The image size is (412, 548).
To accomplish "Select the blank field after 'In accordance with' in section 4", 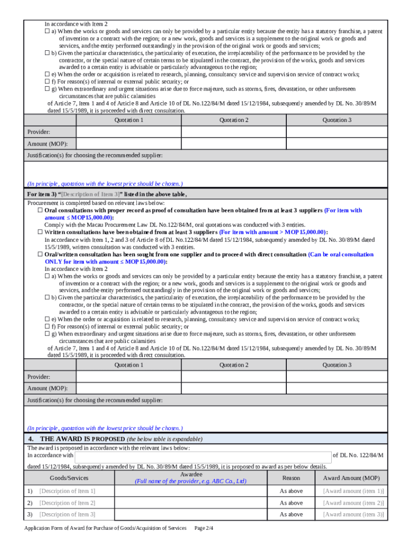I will (x=203, y=456).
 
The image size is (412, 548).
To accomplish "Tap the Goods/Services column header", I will (x=68, y=478).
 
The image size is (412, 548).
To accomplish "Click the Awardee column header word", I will (x=191, y=475).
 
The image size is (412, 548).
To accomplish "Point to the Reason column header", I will (x=291, y=478).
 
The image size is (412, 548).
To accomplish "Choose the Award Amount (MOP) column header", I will (x=351, y=478).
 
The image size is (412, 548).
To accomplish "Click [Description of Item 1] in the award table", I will (x=67, y=491).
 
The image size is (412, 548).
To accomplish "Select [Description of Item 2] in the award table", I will (x=67, y=503).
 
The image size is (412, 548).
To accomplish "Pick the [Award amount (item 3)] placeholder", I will (x=353, y=515).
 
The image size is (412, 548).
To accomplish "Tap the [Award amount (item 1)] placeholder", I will (x=353, y=491).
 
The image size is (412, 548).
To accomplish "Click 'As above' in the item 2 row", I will (x=291, y=503).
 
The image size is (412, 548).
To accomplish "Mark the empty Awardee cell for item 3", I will (x=191, y=515).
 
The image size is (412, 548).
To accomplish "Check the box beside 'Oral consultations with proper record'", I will (x=40, y=211).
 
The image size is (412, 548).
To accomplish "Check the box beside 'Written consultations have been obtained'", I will (x=40, y=232).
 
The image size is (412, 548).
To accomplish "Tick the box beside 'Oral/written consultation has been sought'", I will (x=40, y=255).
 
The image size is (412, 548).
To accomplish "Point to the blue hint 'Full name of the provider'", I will (x=191, y=482).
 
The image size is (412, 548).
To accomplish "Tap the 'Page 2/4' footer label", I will (x=204, y=528).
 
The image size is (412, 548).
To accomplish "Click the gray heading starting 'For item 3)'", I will (x=107, y=194).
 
